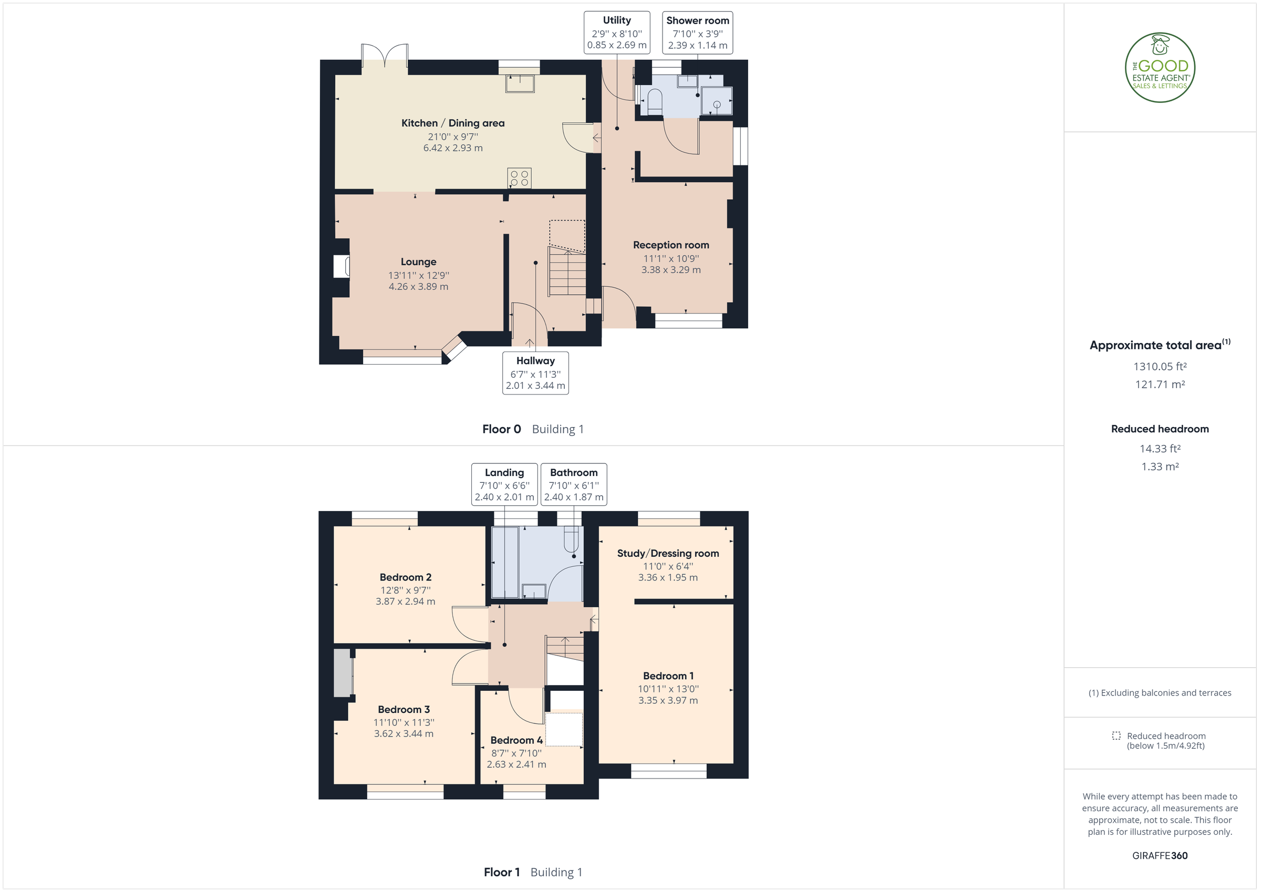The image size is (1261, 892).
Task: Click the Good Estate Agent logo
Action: (x=1160, y=68)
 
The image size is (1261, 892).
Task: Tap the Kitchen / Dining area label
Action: (x=452, y=123)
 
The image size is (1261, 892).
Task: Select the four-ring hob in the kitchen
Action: (x=519, y=178)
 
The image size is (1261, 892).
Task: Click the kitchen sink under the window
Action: (x=520, y=84)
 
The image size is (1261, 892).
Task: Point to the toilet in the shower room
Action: (x=655, y=102)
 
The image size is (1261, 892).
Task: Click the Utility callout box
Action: (x=617, y=33)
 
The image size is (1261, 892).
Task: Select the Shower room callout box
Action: (x=698, y=33)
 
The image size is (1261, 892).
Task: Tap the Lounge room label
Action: (x=419, y=262)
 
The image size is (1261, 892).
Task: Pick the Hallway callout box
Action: (x=535, y=373)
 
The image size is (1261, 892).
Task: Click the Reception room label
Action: (x=670, y=245)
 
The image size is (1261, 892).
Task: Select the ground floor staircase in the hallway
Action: (x=567, y=272)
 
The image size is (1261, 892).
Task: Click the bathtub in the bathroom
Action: (x=505, y=562)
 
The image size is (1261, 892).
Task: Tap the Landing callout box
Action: (x=504, y=484)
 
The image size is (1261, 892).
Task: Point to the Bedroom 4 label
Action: (x=516, y=740)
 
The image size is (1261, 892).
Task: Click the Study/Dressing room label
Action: (x=668, y=553)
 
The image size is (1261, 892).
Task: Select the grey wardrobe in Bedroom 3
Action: (x=343, y=673)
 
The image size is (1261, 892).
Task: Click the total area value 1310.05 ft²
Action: (x=1160, y=366)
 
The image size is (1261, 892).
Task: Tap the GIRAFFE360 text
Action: (x=1160, y=856)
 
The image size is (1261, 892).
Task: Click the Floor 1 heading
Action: (x=501, y=872)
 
